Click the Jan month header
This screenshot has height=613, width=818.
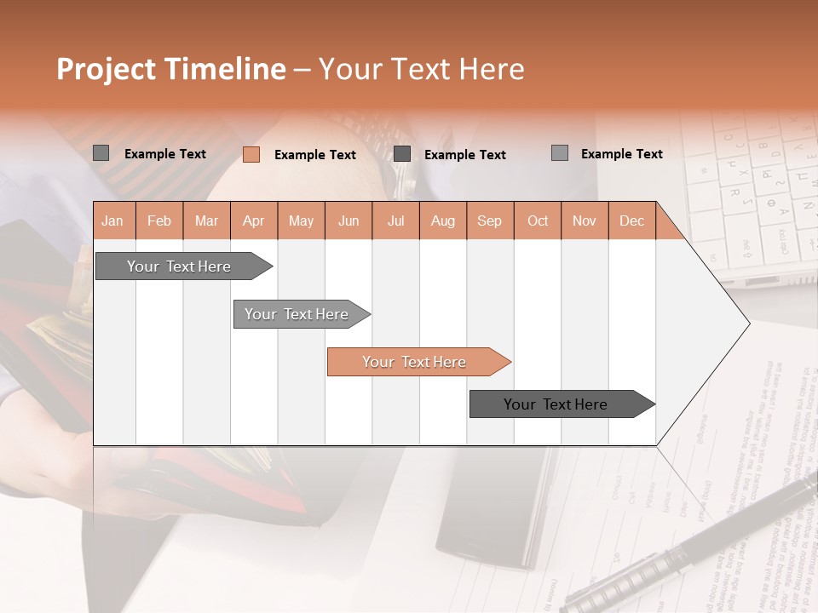112,221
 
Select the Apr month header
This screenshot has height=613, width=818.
253,221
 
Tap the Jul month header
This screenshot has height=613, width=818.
395,221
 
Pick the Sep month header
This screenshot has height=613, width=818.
489,221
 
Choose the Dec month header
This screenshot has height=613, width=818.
631,221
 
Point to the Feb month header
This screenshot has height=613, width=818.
159,221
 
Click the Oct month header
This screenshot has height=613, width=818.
538,221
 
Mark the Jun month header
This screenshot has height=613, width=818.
349,221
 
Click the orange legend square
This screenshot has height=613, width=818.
251,154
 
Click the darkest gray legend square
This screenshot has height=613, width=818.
402,154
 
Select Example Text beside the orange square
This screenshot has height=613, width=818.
314,155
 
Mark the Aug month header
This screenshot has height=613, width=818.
442,221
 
